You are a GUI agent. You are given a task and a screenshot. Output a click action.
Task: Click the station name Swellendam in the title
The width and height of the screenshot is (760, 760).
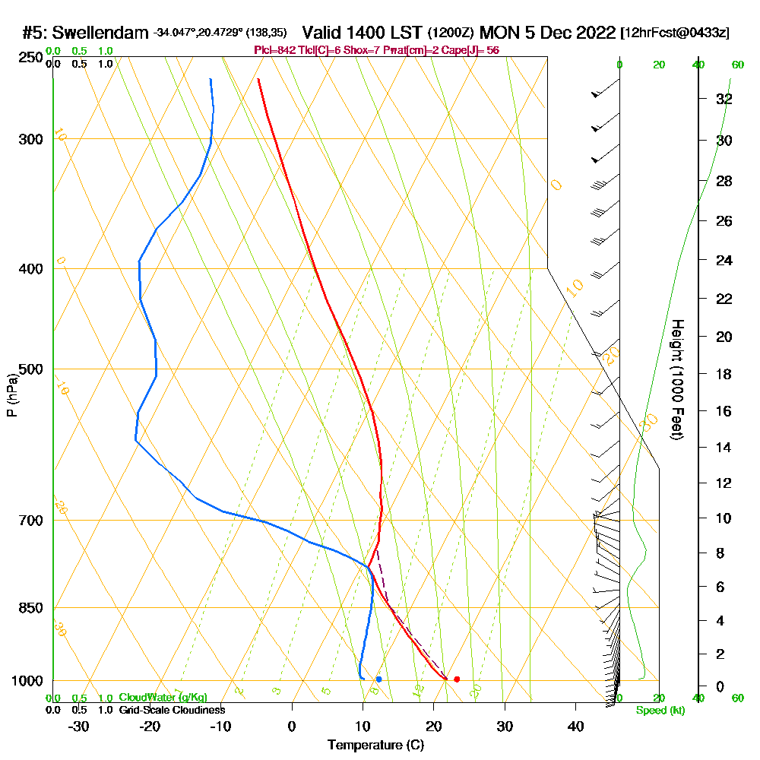click(x=100, y=33)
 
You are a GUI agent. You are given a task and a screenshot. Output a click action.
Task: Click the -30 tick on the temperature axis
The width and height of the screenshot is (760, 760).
click(x=79, y=726)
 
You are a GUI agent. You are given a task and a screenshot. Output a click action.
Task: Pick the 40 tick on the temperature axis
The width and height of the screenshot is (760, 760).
click(x=575, y=726)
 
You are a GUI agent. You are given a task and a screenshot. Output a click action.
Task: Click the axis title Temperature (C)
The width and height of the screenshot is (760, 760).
click(x=375, y=746)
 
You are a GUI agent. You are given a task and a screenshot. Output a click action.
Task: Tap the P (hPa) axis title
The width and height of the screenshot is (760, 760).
click(x=11, y=394)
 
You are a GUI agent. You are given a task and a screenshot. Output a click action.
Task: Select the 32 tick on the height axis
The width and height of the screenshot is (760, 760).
click(x=724, y=99)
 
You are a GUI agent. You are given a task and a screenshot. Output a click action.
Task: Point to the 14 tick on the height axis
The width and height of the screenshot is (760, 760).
click(x=724, y=448)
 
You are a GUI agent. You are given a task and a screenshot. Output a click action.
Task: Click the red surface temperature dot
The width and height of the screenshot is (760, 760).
click(x=456, y=679)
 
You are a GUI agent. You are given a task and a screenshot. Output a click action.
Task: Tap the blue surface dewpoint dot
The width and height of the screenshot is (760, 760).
click(x=378, y=679)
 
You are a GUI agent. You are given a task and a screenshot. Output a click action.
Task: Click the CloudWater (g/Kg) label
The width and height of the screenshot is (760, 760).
click(x=163, y=698)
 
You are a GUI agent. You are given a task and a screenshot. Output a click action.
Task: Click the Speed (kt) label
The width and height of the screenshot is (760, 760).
click(x=657, y=710)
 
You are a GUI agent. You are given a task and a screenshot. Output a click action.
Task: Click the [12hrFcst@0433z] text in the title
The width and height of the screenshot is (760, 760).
click(x=675, y=33)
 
